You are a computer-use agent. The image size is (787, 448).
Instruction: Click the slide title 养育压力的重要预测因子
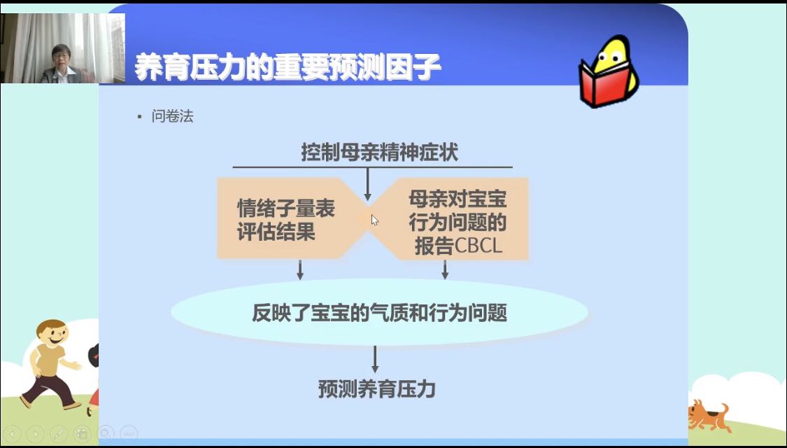[x=288, y=67]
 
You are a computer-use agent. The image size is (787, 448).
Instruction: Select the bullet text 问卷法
[x=172, y=116]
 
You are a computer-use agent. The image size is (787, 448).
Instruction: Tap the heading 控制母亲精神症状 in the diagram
[x=379, y=152]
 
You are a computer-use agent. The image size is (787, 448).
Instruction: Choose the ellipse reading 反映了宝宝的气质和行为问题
[x=379, y=312]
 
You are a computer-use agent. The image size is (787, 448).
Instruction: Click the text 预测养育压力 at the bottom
[x=376, y=388]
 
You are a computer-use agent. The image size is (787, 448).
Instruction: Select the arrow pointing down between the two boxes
[x=368, y=184]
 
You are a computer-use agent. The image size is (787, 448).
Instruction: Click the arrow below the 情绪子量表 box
[x=300, y=269]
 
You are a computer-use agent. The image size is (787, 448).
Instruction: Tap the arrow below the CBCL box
[x=445, y=269]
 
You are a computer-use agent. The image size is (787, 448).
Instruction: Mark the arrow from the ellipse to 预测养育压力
[x=375, y=359]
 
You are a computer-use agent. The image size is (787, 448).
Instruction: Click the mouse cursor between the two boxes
[x=374, y=220]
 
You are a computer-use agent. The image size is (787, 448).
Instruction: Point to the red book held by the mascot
[x=605, y=83]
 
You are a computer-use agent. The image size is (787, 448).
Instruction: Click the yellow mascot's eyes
[x=610, y=50]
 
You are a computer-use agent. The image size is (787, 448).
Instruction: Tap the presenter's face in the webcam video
[x=62, y=58]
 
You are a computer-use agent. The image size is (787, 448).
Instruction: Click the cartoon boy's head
[x=51, y=333]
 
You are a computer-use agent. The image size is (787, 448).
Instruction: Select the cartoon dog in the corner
[x=709, y=415]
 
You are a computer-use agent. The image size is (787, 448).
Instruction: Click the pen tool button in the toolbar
[x=59, y=433]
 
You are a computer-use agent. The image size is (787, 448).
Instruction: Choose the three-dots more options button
[x=129, y=433]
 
